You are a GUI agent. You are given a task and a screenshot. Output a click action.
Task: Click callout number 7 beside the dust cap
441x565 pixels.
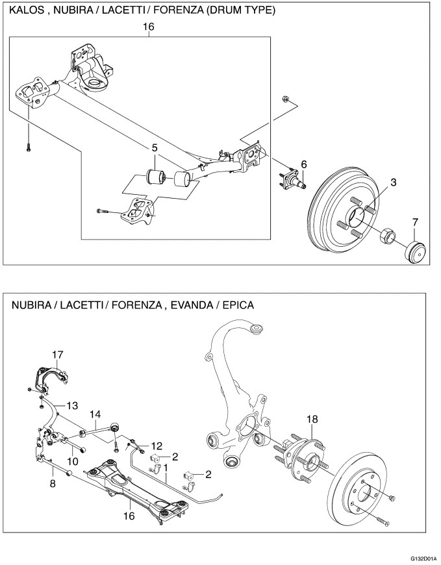414,223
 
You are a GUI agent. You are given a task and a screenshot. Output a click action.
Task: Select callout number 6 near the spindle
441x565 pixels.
303,164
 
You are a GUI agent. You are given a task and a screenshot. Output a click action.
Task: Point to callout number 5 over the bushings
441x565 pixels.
155,148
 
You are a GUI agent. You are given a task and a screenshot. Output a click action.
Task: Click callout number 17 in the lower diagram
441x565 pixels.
58,354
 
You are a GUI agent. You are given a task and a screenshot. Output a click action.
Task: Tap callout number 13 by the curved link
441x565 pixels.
72,405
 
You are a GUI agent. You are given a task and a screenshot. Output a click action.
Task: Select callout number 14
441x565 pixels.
95,414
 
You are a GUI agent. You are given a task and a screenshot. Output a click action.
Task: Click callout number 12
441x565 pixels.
156,446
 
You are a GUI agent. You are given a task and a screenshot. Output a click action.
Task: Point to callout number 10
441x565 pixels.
73,460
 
